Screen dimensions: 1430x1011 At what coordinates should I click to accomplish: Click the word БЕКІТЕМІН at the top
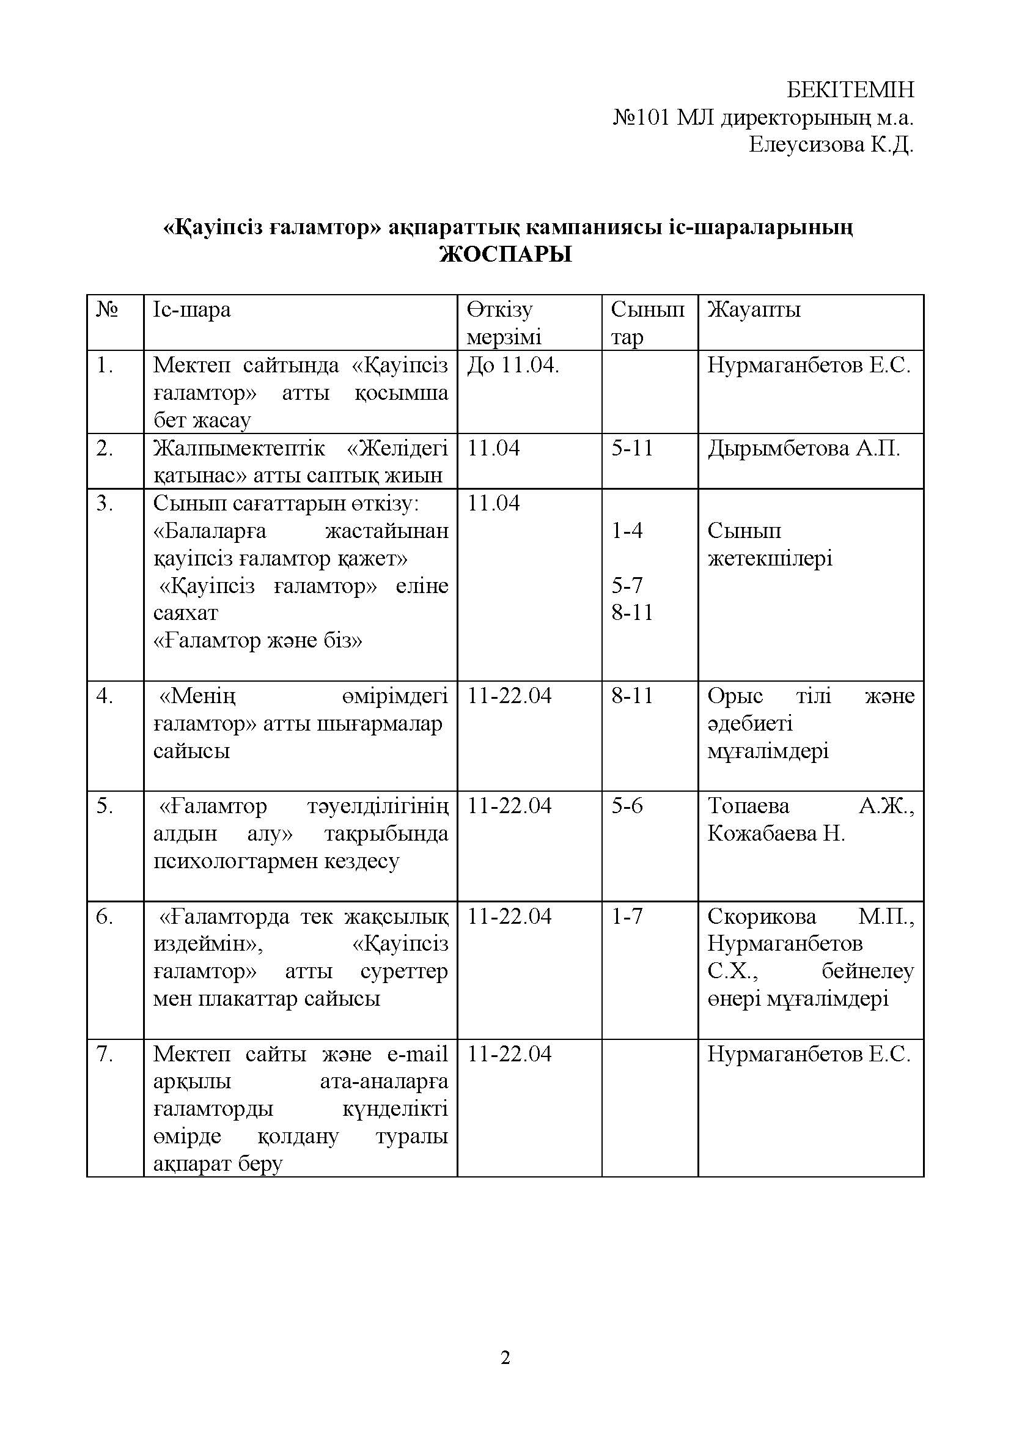tap(850, 90)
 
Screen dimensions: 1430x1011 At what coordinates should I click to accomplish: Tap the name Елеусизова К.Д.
tap(831, 145)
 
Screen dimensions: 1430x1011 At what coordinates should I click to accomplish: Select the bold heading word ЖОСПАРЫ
tap(505, 255)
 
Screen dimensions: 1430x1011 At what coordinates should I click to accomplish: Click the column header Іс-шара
tap(192, 309)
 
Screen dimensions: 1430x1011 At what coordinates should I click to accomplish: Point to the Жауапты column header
tap(753, 309)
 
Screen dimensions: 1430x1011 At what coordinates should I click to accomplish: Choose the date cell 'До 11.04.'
tap(513, 365)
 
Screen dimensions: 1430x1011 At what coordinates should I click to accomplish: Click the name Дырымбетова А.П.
tap(803, 448)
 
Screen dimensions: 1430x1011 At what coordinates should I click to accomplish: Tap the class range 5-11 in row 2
tap(632, 448)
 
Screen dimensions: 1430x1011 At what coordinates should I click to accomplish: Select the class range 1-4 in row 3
tap(627, 531)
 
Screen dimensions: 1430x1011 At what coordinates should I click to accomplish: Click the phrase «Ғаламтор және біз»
tap(258, 640)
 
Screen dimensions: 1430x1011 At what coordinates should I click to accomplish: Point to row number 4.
tap(105, 696)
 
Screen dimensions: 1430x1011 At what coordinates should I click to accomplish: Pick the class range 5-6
tap(627, 806)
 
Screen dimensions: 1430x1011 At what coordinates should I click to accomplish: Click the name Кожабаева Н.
tap(776, 833)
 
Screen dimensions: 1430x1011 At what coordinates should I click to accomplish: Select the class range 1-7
tap(627, 916)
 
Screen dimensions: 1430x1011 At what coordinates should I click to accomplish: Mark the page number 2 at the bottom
tap(505, 1357)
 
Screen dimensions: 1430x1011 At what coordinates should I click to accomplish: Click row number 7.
tap(105, 1054)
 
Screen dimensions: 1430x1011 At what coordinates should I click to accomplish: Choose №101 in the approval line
tap(641, 118)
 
